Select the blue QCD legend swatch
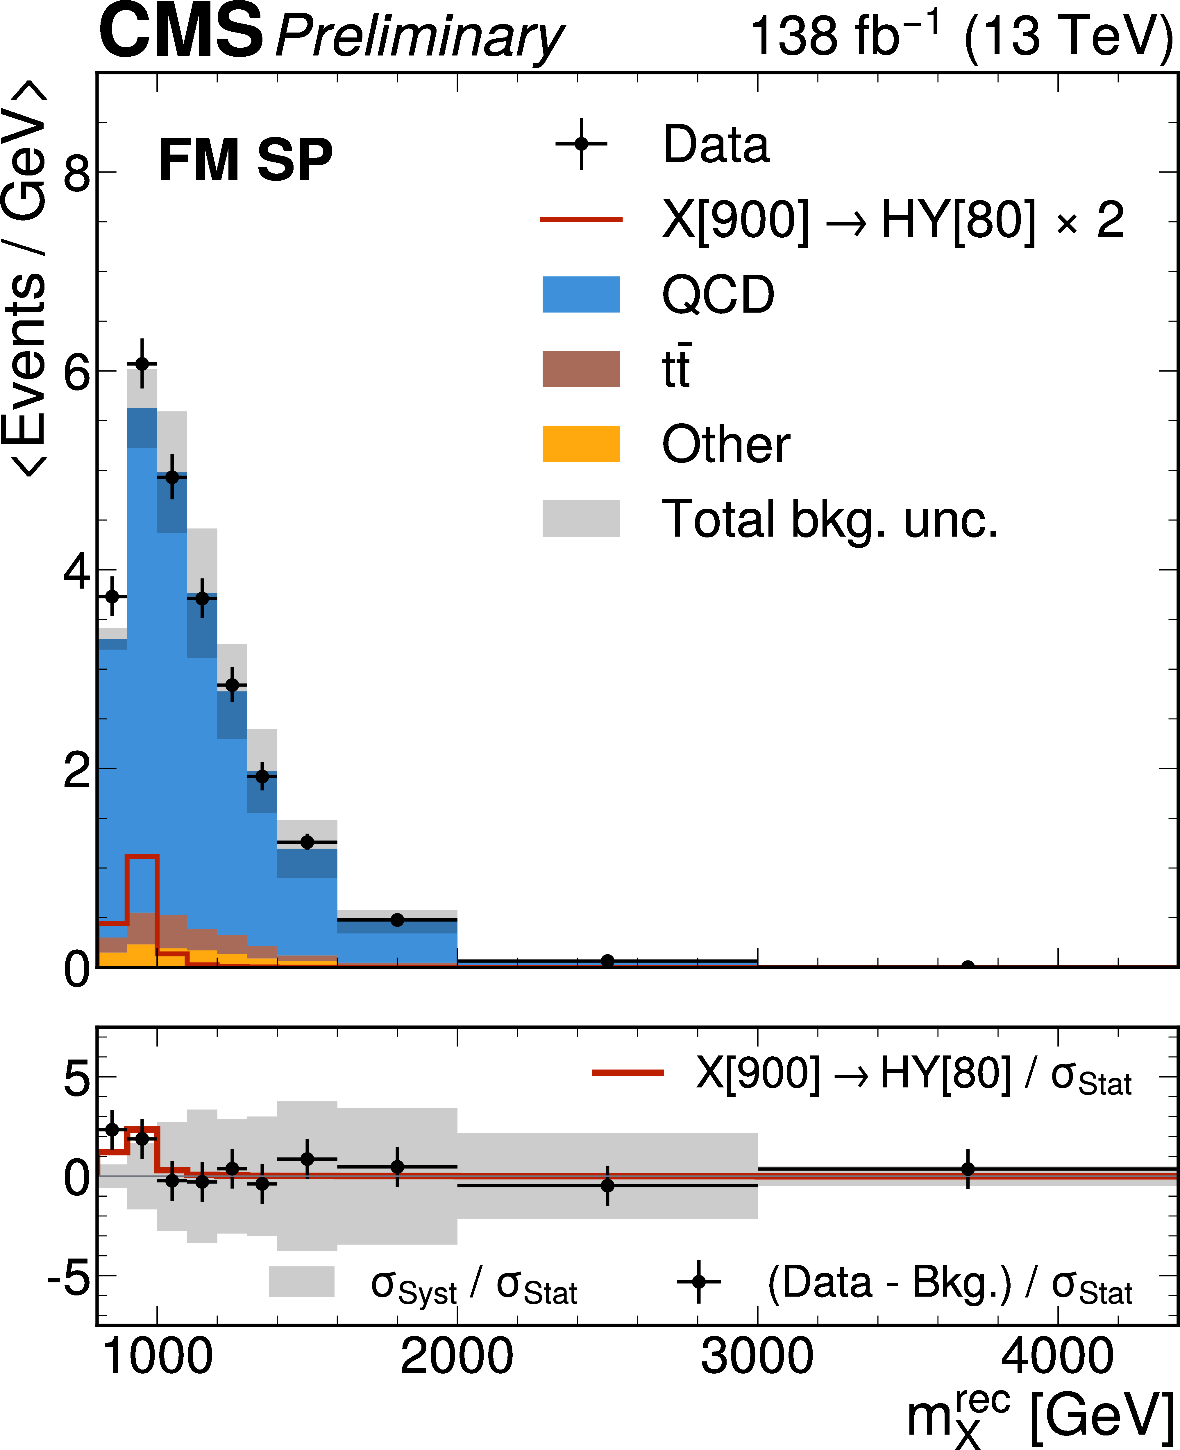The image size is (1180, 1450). click(581, 294)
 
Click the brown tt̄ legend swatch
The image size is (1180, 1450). click(581, 369)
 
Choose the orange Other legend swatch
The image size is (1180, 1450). click(581, 444)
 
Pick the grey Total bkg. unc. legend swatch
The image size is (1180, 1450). click(581, 519)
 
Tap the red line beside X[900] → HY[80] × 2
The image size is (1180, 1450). click(581, 219)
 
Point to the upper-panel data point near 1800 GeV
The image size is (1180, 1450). click(398, 920)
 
